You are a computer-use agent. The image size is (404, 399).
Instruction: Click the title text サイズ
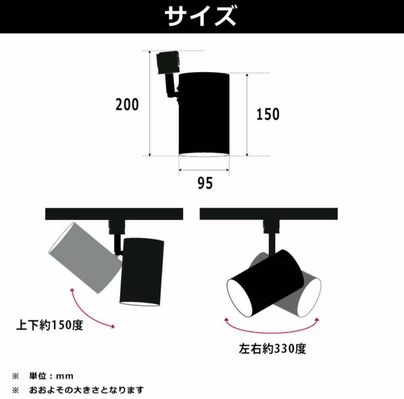coord(201,16)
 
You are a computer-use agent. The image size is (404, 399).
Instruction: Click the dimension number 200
coord(127,105)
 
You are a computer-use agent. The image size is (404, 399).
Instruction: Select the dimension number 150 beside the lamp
coord(268,114)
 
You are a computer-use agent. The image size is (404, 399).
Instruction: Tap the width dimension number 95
coord(205,183)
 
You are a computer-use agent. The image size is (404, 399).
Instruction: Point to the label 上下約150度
coord(49,325)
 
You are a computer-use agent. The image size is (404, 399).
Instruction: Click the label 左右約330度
coord(273,349)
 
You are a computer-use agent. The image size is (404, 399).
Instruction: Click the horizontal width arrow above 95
coord(204,170)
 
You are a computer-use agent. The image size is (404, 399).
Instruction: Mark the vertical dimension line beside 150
coord(247,114)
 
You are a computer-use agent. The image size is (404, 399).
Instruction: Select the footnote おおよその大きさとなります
coord(86,390)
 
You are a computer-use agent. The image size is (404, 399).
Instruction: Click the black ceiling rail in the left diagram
coord(114,214)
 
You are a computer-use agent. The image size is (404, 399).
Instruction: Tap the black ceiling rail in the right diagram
coord(269,214)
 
